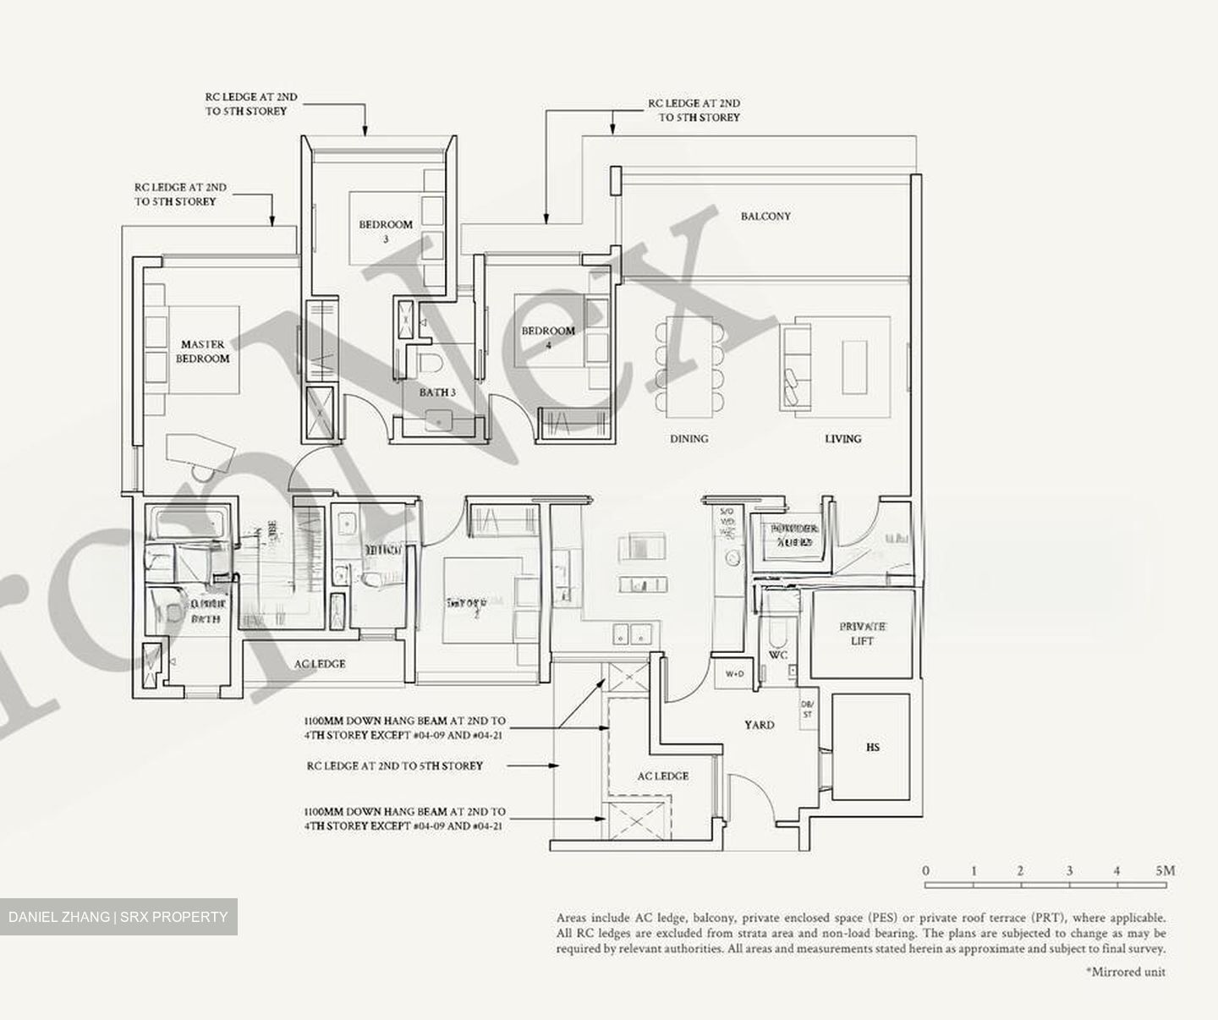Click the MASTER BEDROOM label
pos(203,351)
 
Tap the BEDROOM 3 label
pos(386,231)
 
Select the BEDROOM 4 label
pos(548,337)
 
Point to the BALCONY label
pos(765,217)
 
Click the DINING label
pos(689,438)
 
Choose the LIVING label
pos(842,438)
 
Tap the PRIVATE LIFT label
pos(862,633)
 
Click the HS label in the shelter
pos(873,747)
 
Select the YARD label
pos(759,725)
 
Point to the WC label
pos(778,655)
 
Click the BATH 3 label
pos(437,392)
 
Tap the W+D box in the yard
pos(733,674)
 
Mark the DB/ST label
pos(807,710)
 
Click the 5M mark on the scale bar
pos(1165,870)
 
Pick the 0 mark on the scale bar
pos(926,870)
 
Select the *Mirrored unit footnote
pos(1125,972)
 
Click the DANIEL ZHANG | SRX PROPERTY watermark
pos(118,917)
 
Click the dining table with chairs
pos(689,365)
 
